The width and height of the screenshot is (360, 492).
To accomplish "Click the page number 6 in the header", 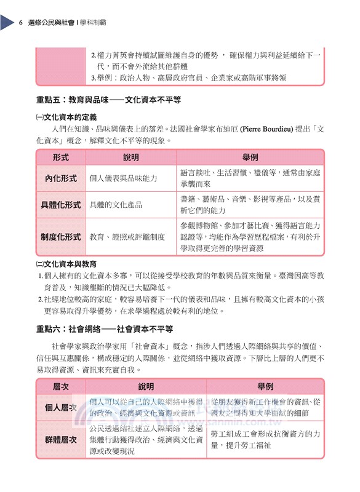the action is (20, 23).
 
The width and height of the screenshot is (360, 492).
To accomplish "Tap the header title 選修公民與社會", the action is (50, 23).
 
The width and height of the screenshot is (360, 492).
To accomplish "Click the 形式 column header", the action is (60, 157).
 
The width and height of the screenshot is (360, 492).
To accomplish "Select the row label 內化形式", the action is (60, 178).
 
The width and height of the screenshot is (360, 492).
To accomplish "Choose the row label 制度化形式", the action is (60, 237).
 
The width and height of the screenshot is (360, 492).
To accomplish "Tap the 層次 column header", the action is (60, 387).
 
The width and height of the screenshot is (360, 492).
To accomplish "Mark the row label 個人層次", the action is (60, 408).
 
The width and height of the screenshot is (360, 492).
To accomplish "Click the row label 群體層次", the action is (60, 440).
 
